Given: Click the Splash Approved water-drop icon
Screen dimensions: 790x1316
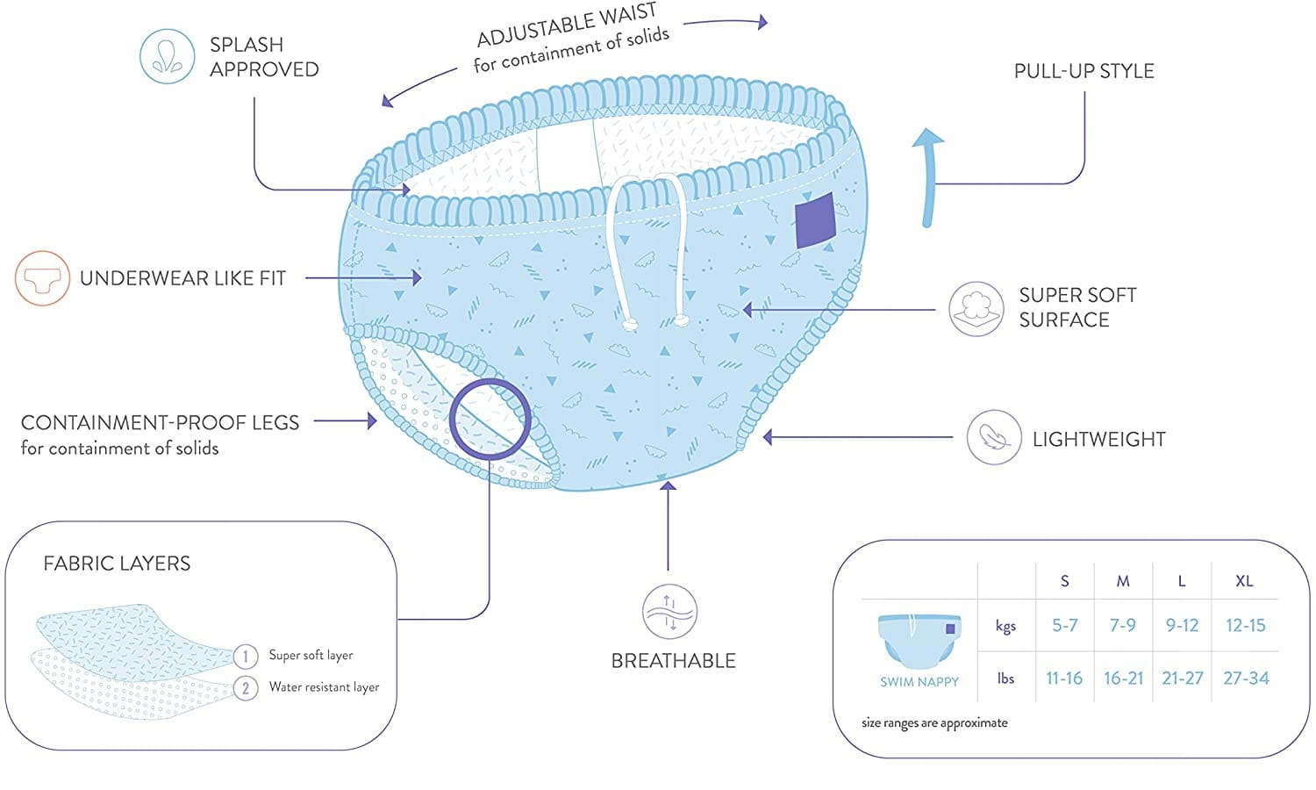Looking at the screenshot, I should point(167,56).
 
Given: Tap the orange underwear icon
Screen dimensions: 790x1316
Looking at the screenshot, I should point(42,278).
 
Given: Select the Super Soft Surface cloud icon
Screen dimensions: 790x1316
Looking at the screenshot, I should point(976,309).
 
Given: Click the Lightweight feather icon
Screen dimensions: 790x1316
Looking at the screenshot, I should point(993,437).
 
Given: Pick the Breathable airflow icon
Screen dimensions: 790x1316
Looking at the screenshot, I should point(669,612).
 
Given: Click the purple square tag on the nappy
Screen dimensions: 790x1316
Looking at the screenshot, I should point(815,219).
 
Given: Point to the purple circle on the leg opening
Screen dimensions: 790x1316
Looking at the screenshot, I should point(490,419).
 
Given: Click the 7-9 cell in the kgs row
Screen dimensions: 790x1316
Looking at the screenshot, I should point(1122,625).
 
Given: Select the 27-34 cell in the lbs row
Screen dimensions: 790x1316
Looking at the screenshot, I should point(1246,678).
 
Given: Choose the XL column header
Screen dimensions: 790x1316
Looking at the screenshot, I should point(1244,581).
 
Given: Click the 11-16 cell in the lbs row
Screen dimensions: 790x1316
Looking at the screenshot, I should point(1064,678).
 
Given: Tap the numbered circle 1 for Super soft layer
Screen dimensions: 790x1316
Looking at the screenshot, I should point(246,656).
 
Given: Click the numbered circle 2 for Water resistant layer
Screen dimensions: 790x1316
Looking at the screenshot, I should point(246,688).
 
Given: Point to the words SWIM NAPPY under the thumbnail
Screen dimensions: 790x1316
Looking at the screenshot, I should point(919,681).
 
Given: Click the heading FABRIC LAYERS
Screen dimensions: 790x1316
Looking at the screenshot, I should point(117,564).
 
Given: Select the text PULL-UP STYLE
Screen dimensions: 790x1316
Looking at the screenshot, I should point(1084,71).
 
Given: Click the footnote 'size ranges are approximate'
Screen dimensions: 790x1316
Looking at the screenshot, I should point(934,723).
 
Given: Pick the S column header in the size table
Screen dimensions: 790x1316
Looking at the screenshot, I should point(1064,581).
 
